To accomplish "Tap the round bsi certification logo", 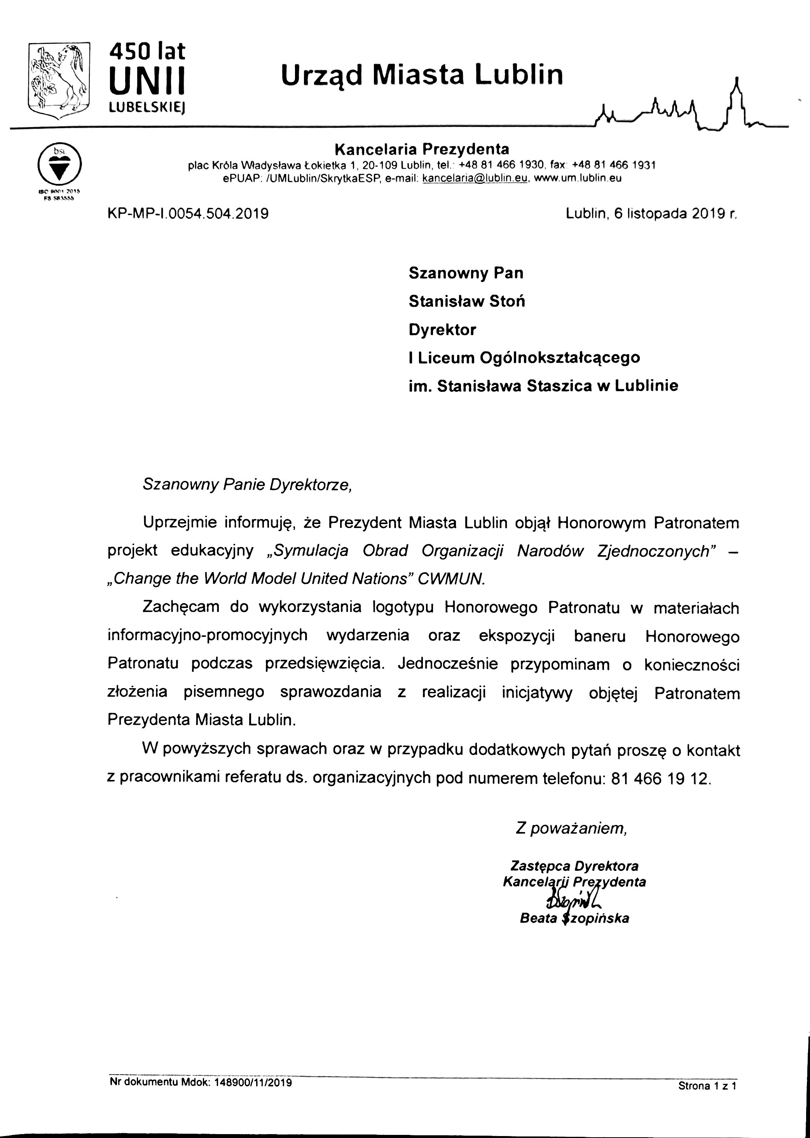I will [x=60, y=164].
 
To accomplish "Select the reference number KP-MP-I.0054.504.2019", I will [x=188, y=213].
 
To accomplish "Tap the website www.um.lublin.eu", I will [x=578, y=178].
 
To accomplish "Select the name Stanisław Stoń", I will [x=466, y=301].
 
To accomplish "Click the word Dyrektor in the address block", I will [x=442, y=330].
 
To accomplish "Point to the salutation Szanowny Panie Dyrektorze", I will [x=247, y=484].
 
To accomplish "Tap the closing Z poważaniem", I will [x=571, y=828].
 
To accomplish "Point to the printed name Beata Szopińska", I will [x=574, y=918].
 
